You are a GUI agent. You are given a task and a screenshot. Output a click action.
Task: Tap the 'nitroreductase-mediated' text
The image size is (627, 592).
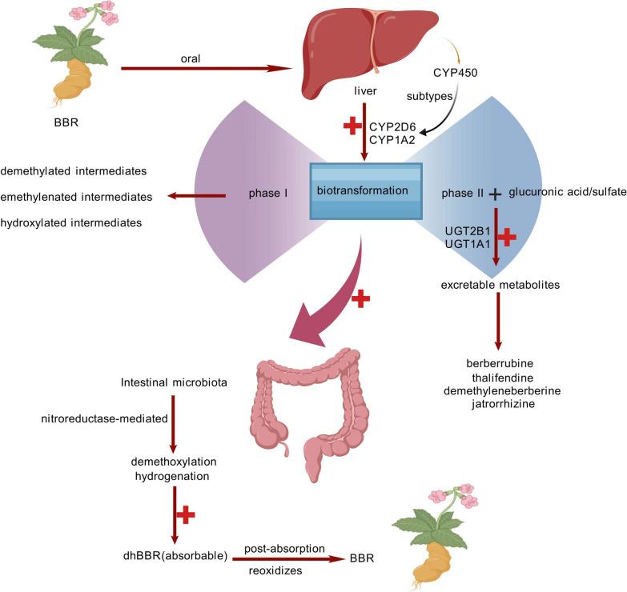(167, 418)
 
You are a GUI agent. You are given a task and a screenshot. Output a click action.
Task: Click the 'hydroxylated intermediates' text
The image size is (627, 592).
(71, 222)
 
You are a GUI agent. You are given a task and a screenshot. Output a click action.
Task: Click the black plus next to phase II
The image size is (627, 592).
(496, 193)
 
